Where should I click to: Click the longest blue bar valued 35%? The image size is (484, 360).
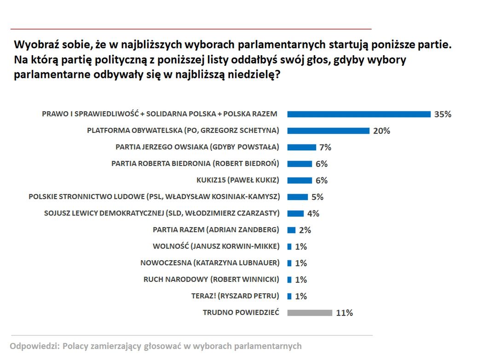(x=359, y=114)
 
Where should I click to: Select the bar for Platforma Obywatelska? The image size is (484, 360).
(x=328, y=131)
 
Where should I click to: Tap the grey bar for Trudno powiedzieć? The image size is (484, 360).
(x=310, y=313)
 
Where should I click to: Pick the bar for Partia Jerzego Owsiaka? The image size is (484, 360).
(x=302, y=147)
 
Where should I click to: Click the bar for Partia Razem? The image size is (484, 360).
(x=291, y=230)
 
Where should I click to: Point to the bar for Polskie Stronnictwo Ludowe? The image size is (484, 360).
(x=298, y=197)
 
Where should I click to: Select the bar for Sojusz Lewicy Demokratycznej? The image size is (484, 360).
(x=295, y=213)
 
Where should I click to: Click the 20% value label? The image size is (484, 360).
(x=381, y=131)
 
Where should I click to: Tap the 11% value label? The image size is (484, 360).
(x=344, y=313)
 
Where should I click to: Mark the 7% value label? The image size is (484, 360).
(x=325, y=147)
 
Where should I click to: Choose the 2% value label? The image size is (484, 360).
(x=305, y=230)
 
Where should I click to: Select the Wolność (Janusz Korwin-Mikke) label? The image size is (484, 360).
(x=216, y=246)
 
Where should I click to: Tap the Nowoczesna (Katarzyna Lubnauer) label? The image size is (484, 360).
(x=210, y=263)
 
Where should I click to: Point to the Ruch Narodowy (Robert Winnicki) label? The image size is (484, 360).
(x=211, y=280)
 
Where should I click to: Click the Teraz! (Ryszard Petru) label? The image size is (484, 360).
(x=235, y=296)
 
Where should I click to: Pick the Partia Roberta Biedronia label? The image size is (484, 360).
(x=195, y=164)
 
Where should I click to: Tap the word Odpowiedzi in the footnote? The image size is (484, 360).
(x=34, y=346)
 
